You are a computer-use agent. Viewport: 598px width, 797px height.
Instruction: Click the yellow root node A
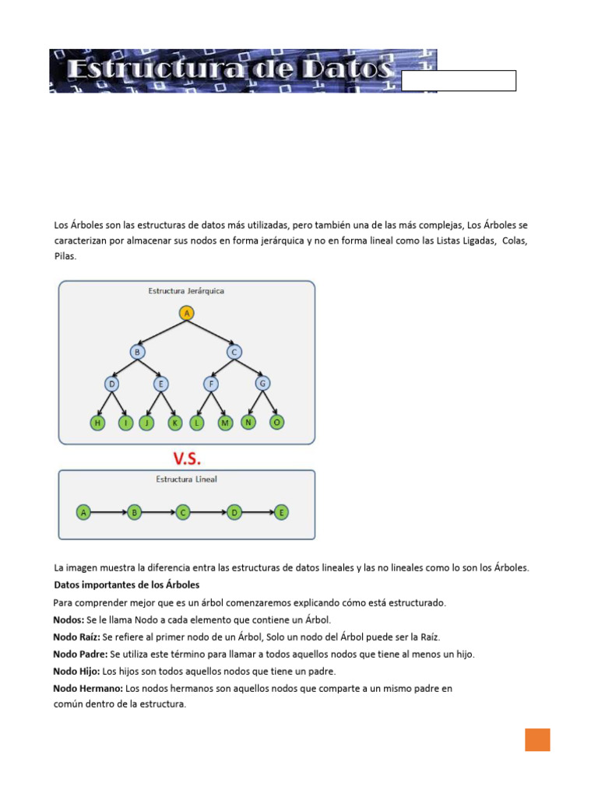(186, 313)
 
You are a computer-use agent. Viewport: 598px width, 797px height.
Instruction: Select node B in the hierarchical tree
(138, 353)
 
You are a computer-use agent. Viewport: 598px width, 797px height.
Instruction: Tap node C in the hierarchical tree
(234, 353)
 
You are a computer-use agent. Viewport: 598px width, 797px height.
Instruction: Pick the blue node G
(262, 383)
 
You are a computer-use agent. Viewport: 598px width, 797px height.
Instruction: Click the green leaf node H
(97, 423)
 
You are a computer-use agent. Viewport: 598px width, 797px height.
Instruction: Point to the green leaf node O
(276, 422)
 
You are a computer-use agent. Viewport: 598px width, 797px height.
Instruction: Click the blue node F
(210, 384)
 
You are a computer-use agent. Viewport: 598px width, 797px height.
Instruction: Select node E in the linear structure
(281, 512)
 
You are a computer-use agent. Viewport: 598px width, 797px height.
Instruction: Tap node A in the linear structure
(83, 512)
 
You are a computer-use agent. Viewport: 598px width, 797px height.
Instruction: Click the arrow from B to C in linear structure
(158, 512)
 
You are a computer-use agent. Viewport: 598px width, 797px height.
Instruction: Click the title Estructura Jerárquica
(186, 291)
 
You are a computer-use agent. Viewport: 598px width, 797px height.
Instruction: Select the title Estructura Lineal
(186, 479)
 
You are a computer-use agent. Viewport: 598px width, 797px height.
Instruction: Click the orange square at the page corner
(537, 739)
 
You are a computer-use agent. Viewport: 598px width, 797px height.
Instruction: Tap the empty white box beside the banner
(459, 81)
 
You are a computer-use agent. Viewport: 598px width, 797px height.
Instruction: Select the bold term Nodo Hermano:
(88, 689)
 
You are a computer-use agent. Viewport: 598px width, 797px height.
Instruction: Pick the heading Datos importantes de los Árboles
(127, 585)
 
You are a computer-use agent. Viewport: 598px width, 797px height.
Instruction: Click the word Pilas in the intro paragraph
(65, 255)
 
